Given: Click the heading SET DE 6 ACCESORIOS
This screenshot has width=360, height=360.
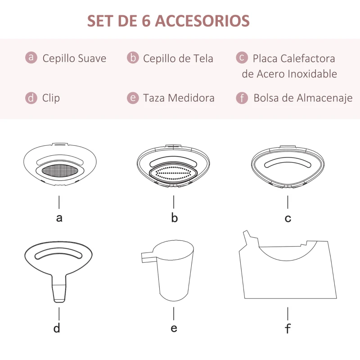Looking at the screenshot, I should pyautogui.click(x=168, y=21).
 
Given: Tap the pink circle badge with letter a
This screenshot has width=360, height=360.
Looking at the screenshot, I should pyautogui.click(x=31, y=58).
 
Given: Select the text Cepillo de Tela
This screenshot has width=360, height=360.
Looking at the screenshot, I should pyautogui.click(x=178, y=58).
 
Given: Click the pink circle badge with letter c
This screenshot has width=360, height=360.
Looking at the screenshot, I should pyautogui.click(x=242, y=58).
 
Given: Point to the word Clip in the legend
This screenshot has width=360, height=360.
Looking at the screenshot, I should pyautogui.click(x=51, y=98).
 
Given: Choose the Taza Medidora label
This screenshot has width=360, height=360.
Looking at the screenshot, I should pyautogui.click(x=179, y=98).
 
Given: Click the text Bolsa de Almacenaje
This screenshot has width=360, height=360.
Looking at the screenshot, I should pyautogui.click(x=302, y=98).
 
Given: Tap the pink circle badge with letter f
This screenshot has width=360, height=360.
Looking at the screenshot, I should pyautogui.click(x=242, y=98).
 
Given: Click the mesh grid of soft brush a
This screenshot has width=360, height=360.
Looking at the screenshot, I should pyautogui.click(x=59, y=171).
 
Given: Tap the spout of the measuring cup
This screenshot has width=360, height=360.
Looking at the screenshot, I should pyautogui.click(x=147, y=256).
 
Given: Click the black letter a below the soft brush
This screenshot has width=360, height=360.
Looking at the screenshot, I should pyautogui.click(x=59, y=218).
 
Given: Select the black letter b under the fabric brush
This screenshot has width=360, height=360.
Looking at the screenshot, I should pyautogui.click(x=174, y=218).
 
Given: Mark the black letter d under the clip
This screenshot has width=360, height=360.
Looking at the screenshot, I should pyautogui.click(x=57, y=328).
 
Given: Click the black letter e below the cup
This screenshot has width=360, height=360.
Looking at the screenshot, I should pyautogui.click(x=174, y=328).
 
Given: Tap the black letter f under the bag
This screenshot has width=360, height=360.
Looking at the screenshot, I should pyautogui.click(x=288, y=328).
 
